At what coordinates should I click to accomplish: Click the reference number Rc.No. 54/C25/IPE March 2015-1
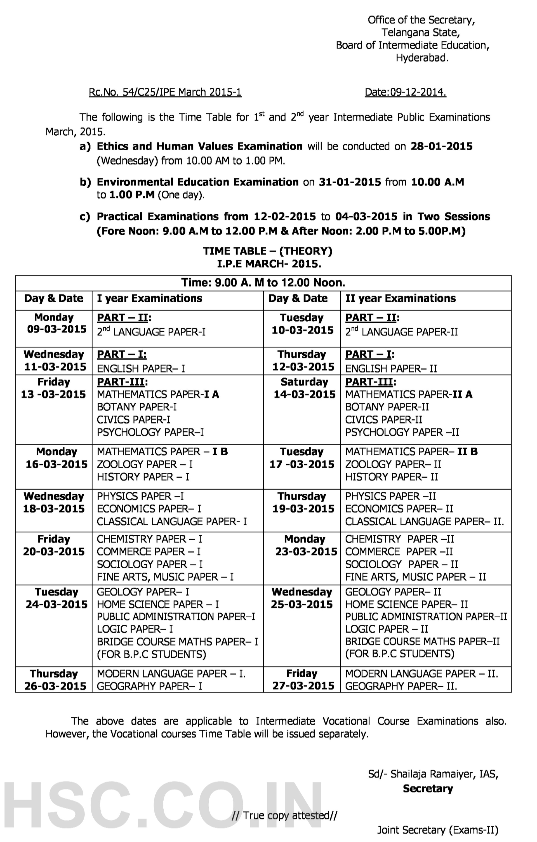click(165, 92)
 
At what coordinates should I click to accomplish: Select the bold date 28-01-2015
click(441, 146)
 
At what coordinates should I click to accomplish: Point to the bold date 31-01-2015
click(350, 182)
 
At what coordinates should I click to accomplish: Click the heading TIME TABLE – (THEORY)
click(268, 251)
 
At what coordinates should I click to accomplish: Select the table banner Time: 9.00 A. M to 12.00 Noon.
click(263, 282)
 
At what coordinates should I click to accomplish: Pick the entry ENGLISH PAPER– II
click(391, 369)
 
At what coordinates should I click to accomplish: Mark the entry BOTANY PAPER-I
click(137, 407)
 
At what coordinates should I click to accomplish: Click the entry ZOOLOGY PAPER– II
click(393, 464)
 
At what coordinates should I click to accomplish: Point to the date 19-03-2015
click(303, 509)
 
